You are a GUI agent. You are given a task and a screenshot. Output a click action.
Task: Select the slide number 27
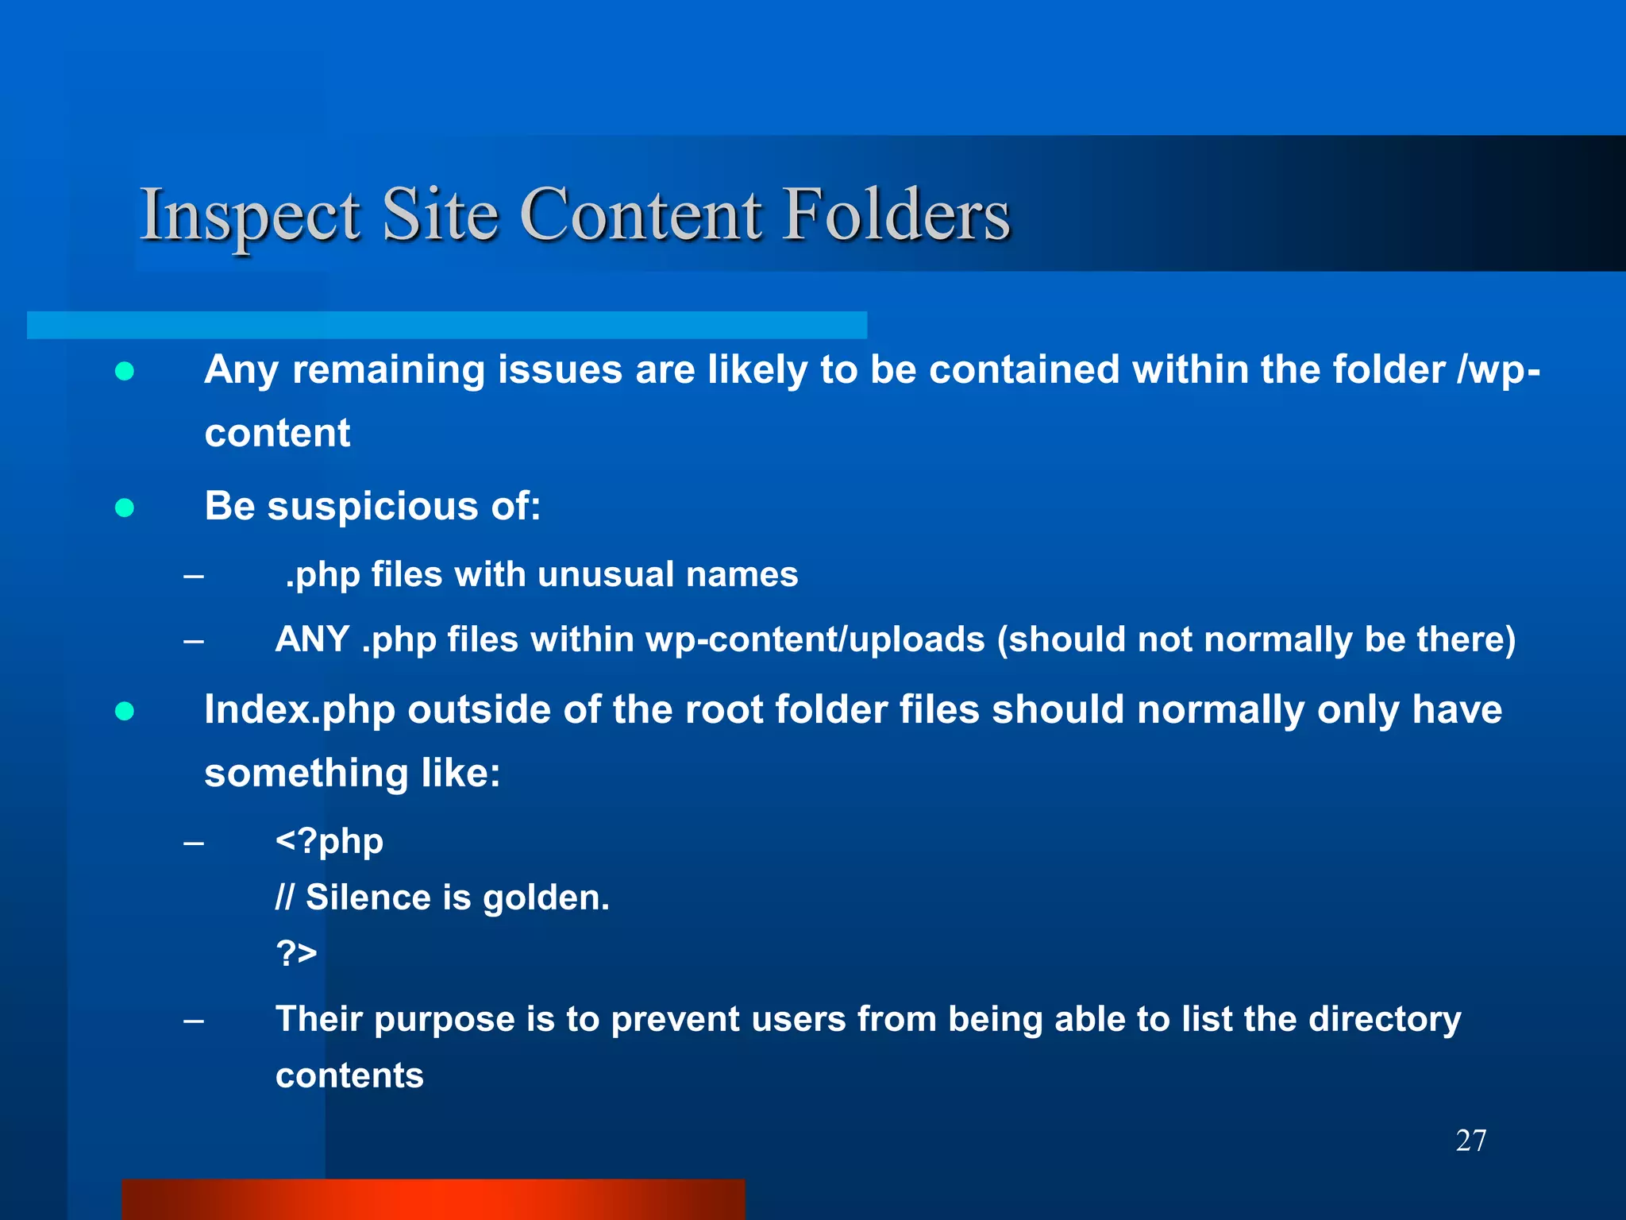pos(1470,1141)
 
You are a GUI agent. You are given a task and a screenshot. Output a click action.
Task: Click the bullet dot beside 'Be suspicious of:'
pos(125,508)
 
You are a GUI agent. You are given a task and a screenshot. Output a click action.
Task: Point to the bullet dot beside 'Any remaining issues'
pos(125,371)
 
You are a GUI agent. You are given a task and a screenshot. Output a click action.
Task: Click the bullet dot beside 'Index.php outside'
pos(125,711)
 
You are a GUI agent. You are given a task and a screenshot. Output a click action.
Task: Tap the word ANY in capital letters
pos(312,639)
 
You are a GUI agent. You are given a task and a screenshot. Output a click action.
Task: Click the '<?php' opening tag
pos(329,841)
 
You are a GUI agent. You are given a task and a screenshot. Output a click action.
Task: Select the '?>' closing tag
pos(296,952)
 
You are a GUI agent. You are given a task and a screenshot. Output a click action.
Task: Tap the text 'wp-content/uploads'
pos(815,639)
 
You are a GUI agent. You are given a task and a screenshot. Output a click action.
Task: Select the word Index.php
pos(299,709)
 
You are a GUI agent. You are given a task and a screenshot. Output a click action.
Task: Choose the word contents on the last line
pos(349,1075)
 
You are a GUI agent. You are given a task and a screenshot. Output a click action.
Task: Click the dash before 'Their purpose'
pos(193,1020)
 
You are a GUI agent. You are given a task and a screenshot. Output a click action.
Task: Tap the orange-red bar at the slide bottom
pos(433,1199)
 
